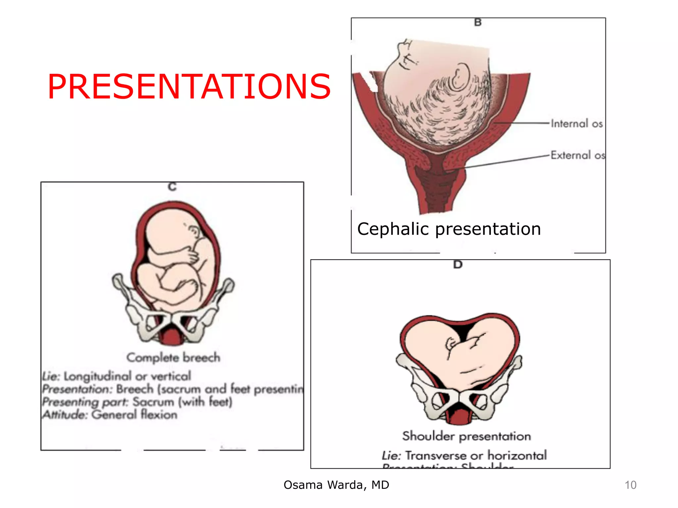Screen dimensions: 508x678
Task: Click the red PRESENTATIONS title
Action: pyautogui.click(x=189, y=86)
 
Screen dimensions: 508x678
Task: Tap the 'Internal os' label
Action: pyautogui.click(x=576, y=124)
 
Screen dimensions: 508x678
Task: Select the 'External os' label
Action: pyautogui.click(x=578, y=155)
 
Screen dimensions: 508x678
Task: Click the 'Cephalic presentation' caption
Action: pyautogui.click(x=449, y=229)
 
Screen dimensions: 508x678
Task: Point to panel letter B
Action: pyautogui.click(x=478, y=22)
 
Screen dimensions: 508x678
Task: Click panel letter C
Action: pyautogui.click(x=172, y=187)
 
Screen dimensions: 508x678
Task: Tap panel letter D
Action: pyautogui.click(x=458, y=265)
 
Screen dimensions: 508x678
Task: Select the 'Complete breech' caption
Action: pyautogui.click(x=173, y=358)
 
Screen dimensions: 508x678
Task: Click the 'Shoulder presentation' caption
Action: pyautogui.click(x=466, y=436)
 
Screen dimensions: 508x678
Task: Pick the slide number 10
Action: pyautogui.click(x=630, y=485)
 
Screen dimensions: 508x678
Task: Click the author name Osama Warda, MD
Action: pyautogui.click(x=336, y=485)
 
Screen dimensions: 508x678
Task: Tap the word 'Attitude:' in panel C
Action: pyautogui.click(x=65, y=415)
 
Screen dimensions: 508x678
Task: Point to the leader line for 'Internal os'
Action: pyautogui.click(x=523, y=123)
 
